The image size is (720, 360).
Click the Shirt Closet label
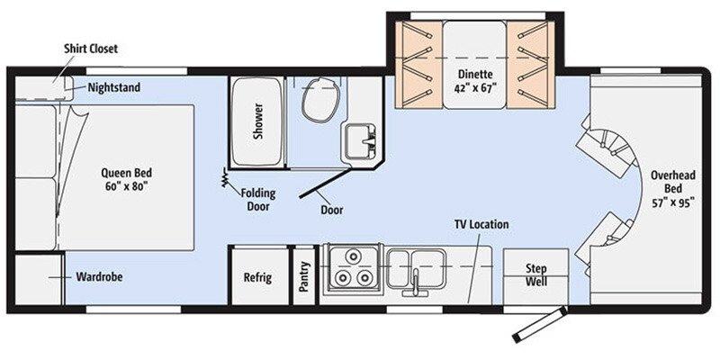(x=90, y=49)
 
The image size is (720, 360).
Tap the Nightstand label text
(x=115, y=87)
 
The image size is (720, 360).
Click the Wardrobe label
(x=99, y=277)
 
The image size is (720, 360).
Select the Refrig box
(x=257, y=278)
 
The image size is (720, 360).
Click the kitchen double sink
(x=417, y=264)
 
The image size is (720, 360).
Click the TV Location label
(x=481, y=224)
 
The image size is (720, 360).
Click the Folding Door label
(x=258, y=198)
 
